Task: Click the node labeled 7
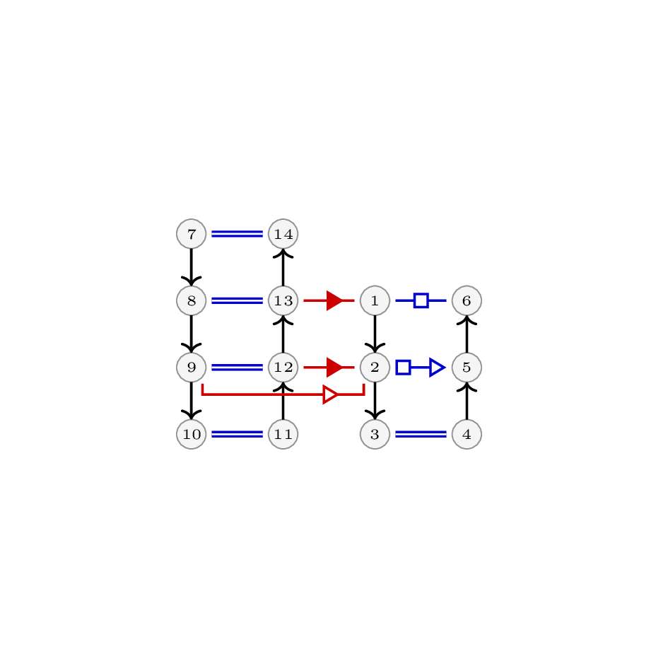point(192,234)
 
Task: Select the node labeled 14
point(283,234)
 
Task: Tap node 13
point(283,300)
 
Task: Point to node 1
point(375,300)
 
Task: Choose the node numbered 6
point(467,300)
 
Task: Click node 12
point(283,368)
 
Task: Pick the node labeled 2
point(375,368)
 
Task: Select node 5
point(467,368)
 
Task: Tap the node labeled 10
point(192,434)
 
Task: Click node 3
point(375,434)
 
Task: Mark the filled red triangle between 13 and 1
point(334,300)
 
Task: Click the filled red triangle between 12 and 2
point(334,368)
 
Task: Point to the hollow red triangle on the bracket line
point(331,394)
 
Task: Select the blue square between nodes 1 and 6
point(421,300)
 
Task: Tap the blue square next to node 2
point(403,368)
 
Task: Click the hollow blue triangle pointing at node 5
point(438,368)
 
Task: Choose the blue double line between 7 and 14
point(238,234)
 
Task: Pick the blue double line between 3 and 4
point(421,434)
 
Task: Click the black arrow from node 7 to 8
point(192,267)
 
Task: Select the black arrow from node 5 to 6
point(467,334)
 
